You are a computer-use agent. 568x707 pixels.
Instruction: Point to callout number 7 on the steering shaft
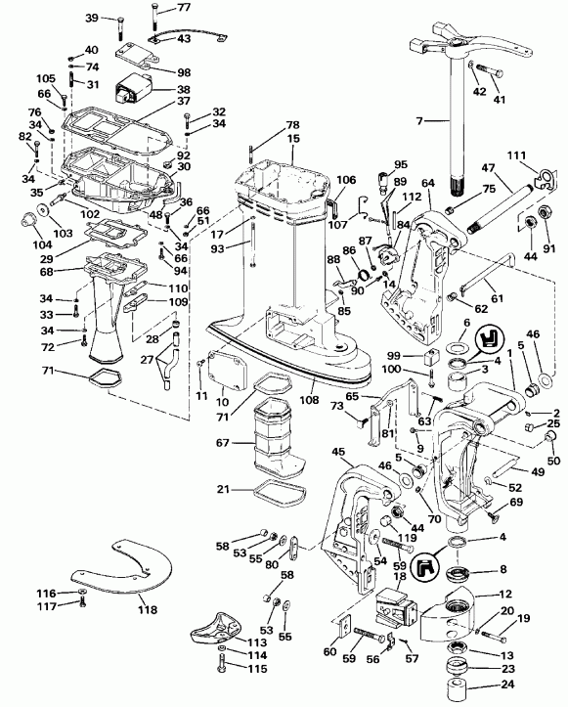[420, 120]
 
